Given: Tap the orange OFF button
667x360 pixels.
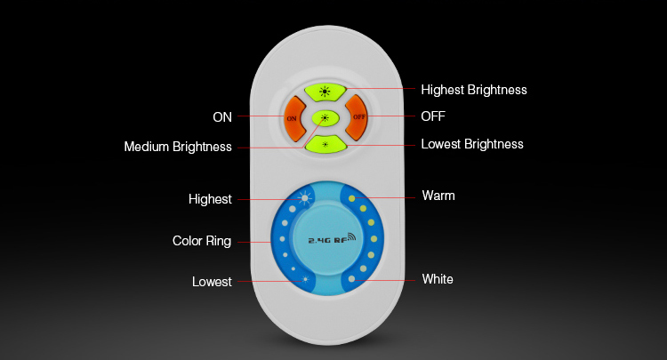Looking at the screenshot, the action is click(x=357, y=117).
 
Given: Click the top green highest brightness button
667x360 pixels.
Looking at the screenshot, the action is click(x=325, y=92).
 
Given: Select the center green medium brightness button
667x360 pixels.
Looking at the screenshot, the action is click(x=325, y=118).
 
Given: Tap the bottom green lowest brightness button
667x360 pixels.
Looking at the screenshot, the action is click(x=325, y=145).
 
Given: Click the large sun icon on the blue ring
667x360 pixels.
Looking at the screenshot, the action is click(x=304, y=198).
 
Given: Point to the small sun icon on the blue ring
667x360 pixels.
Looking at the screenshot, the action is click(x=305, y=280).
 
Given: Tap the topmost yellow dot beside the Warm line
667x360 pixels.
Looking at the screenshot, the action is click(x=352, y=198).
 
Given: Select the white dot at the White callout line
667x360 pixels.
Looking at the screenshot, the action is click(x=351, y=279).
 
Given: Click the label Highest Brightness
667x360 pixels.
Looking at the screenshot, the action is click(x=474, y=90).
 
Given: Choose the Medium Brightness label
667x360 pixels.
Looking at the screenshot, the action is click(x=178, y=147).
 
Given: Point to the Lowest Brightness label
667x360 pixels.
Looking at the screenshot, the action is click(x=472, y=145).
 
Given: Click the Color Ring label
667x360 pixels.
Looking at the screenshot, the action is click(x=202, y=241).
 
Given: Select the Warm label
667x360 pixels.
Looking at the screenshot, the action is click(x=438, y=196).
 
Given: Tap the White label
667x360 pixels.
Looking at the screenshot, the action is click(x=438, y=279).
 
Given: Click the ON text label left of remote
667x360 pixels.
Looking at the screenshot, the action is click(x=222, y=117).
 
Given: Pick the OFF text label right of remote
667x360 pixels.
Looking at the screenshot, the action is click(x=433, y=116).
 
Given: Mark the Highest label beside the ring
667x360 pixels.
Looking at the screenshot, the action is click(x=210, y=199).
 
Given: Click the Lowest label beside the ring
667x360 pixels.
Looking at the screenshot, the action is click(x=212, y=282).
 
